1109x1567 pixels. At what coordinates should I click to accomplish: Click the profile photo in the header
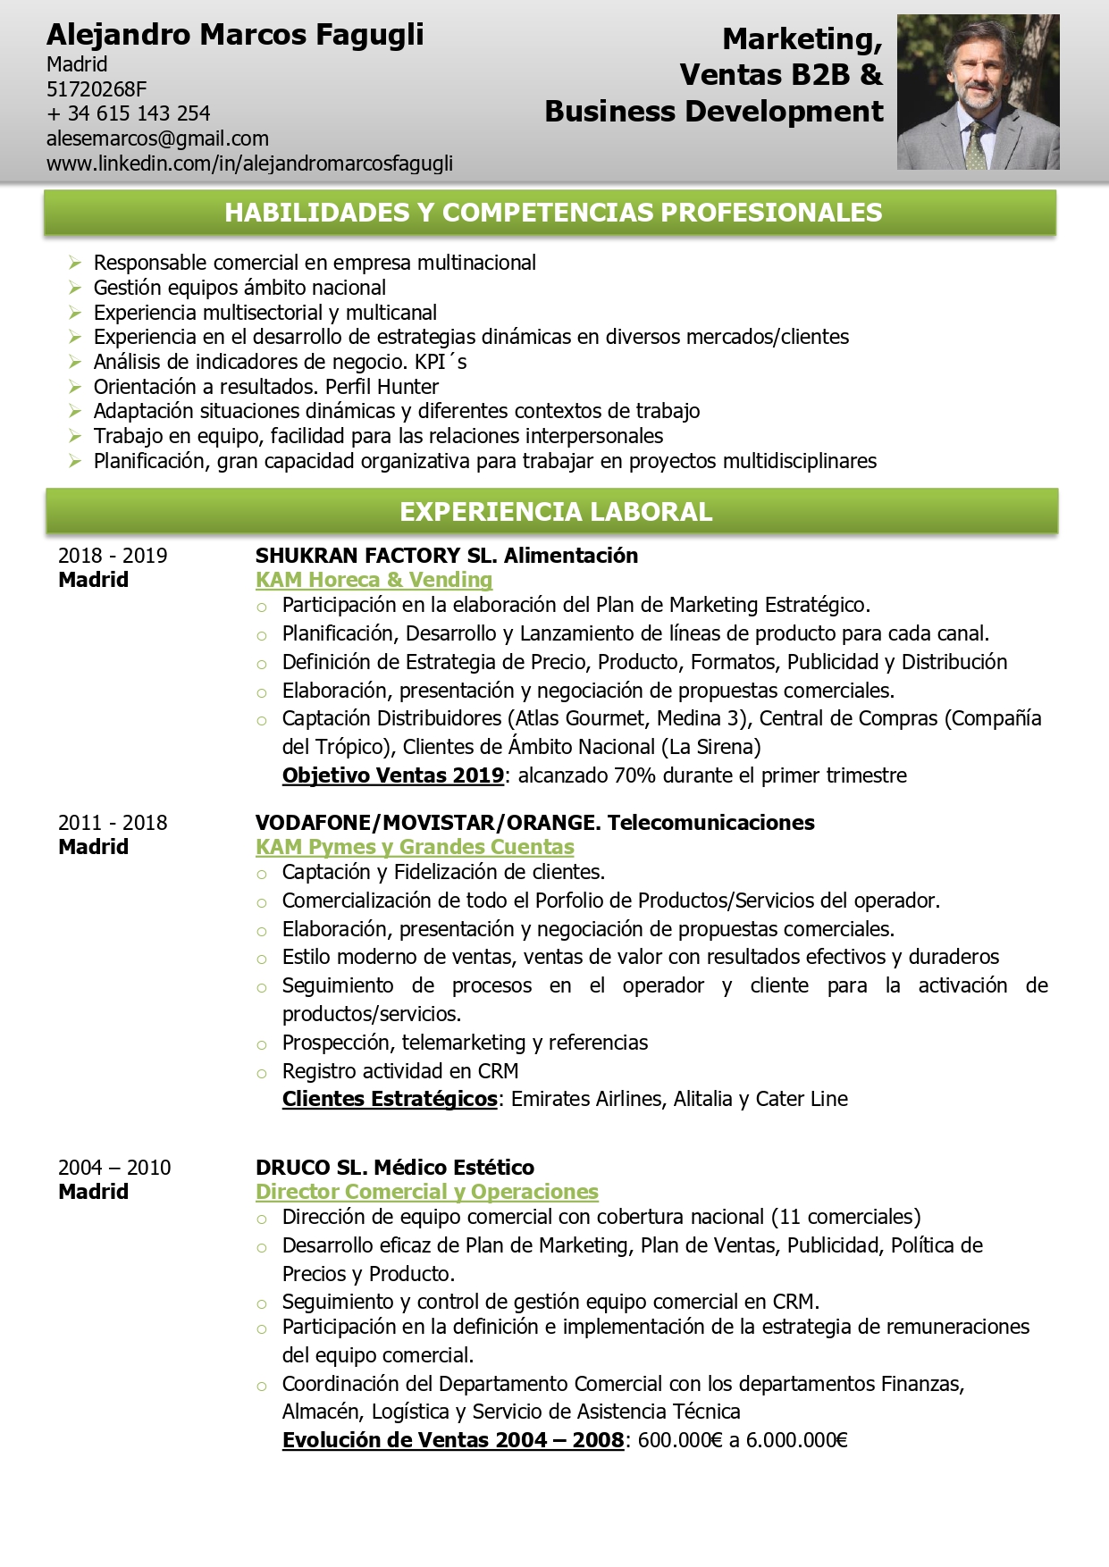[978, 92]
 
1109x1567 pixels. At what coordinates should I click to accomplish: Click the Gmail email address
[157, 138]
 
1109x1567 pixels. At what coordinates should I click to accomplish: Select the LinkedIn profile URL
[249, 163]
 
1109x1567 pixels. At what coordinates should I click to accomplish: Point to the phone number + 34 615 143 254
[129, 113]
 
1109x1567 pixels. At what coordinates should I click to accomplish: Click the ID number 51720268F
[97, 88]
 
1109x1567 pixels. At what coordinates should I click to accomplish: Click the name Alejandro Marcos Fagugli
[235, 35]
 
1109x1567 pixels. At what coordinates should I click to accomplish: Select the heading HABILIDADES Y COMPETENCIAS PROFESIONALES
[552, 213]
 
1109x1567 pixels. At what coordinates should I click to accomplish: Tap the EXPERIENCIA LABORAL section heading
[555, 512]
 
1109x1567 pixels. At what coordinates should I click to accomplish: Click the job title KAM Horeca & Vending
[374, 580]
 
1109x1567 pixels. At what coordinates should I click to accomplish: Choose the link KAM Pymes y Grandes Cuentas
[415, 847]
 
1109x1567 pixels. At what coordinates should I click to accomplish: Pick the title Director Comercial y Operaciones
[426, 1192]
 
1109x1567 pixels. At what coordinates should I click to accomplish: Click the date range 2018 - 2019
[113, 556]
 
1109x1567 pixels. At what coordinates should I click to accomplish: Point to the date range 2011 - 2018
[113, 823]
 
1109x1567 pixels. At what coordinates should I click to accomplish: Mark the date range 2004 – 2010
[114, 1168]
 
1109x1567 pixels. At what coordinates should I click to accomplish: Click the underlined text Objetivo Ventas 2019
[393, 775]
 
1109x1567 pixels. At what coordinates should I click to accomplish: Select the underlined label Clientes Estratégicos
[390, 1099]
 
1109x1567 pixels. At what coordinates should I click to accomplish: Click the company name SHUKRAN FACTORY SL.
[375, 556]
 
